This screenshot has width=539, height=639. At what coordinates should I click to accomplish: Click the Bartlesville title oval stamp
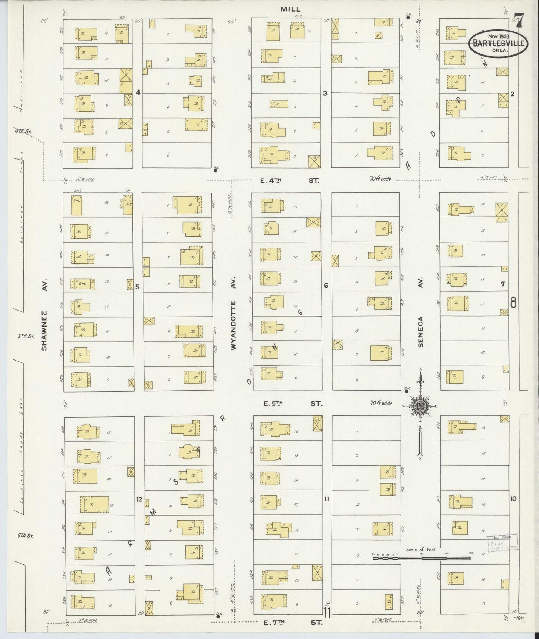click(498, 43)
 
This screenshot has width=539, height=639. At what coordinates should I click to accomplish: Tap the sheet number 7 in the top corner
click(519, 19)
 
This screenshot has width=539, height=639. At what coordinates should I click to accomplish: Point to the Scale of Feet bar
click(422, 558)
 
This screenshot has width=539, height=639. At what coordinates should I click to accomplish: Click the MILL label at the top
click(291, 9)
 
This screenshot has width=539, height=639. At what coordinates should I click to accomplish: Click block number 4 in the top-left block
click(138, 92)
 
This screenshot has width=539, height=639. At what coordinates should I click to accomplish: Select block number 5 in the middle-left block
click(137, 287)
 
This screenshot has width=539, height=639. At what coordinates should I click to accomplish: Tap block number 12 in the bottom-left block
click(139, 499)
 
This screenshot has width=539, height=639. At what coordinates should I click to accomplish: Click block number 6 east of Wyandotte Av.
click(326, 286)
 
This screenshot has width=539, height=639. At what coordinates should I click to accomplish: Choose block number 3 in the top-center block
click(325, 93)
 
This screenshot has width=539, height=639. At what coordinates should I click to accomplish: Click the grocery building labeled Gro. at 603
click(77, 205)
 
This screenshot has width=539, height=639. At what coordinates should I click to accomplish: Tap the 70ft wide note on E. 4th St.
click(380, 179)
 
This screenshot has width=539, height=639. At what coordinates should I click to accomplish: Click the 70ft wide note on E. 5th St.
click(381, 403)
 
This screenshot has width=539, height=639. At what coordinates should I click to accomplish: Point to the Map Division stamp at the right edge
click(502, 542)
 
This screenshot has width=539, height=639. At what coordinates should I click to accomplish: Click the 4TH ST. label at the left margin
click(23, 131)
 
